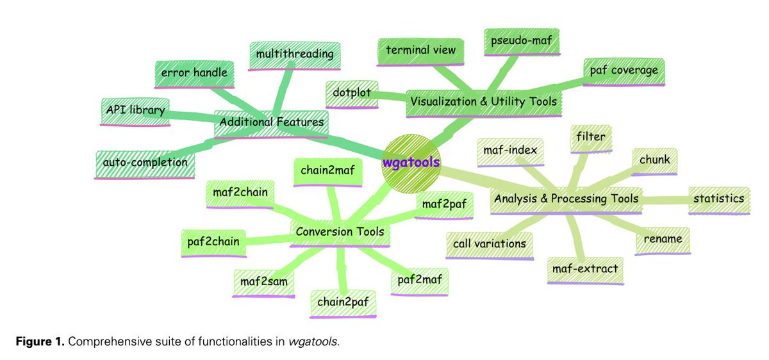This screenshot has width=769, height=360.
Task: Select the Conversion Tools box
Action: [340, 231]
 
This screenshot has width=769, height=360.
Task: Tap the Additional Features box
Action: [271, 122]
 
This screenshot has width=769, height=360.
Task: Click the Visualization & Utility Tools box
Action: [484, 101]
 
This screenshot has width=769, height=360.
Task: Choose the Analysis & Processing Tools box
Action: [566, 199]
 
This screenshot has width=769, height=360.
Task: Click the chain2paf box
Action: [343, 301]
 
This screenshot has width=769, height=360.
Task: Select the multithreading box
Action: [295, 54]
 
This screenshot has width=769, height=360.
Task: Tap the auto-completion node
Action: [145, 163]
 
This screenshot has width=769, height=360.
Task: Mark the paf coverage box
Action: [624, 70]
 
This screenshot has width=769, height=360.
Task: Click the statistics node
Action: [718, 198]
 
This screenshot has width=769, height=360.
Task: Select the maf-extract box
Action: [584, 268]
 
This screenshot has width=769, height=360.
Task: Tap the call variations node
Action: [490, 243]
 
